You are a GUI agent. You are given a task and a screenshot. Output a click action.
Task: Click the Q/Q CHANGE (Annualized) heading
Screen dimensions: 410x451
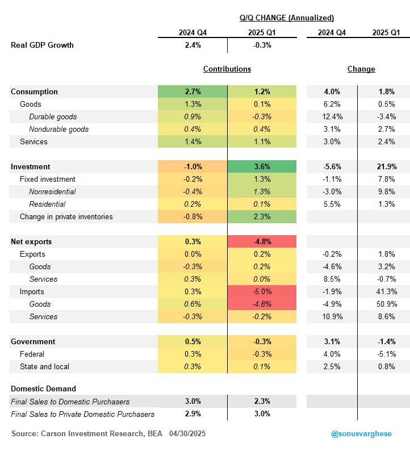pos(287,18)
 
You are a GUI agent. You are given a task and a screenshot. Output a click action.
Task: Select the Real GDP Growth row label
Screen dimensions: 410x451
pos(42,45)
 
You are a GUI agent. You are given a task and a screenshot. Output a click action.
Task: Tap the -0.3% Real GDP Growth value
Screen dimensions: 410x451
pos(262,45)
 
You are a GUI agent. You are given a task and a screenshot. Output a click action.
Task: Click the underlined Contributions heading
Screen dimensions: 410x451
pos(227,69)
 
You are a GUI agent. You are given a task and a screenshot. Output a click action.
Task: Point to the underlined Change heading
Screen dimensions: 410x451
pos(361,69)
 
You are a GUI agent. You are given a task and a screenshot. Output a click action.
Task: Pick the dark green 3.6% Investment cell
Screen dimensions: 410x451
pos(262,166)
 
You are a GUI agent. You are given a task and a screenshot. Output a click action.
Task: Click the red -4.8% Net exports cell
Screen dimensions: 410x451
pos(262,241)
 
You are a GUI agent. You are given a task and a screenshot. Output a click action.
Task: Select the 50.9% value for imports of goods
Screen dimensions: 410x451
pos(387,304)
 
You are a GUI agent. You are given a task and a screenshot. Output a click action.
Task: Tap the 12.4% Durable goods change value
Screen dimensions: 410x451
pos(332,117)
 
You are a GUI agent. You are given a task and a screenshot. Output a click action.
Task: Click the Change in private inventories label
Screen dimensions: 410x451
pos(66,216)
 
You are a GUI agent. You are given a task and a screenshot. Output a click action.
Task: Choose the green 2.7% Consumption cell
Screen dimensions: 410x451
pos(193,92)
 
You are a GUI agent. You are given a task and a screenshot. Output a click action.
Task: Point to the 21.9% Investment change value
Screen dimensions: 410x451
pos(387,166)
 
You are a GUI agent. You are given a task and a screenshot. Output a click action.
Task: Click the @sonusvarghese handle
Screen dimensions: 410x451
pos(361,434)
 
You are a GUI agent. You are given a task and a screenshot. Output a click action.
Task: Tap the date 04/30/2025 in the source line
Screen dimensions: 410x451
pos(187,434)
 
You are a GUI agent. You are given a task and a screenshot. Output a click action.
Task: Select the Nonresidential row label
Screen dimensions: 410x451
pos(52,191)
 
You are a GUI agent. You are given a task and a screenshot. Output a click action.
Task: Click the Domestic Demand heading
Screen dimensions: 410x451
pos(43,389)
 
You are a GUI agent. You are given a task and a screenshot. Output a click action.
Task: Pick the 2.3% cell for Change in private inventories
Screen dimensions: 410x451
pos(262,216)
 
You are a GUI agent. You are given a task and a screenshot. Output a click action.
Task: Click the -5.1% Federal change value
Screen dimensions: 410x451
pos(387,354)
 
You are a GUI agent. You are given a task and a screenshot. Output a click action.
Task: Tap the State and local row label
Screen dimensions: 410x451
pos(44,367)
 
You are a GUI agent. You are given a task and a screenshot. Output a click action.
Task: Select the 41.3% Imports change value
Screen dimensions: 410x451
pos(387,291)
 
